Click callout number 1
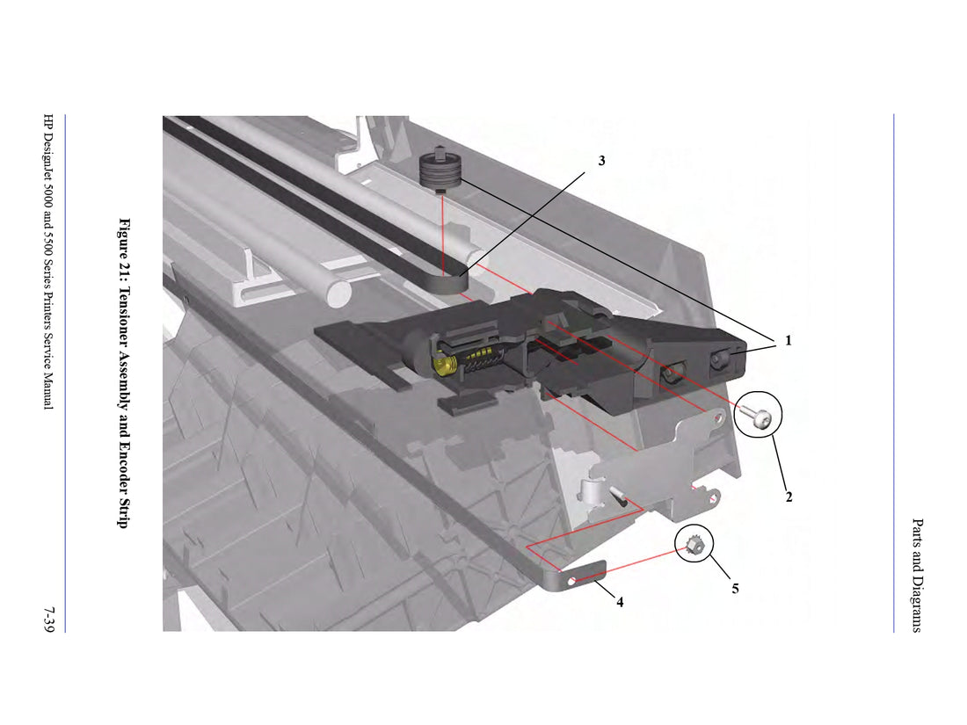click(x=788, y=340)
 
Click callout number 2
click(x=789, y=497)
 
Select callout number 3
click(x=601, y=161)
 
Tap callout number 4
click(x=620, y=602)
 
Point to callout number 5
click(x=735, y=589)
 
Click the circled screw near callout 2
click(x=756, y=417)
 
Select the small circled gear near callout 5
click(x=693, y=544)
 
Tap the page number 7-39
click(x=48, y=619)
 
